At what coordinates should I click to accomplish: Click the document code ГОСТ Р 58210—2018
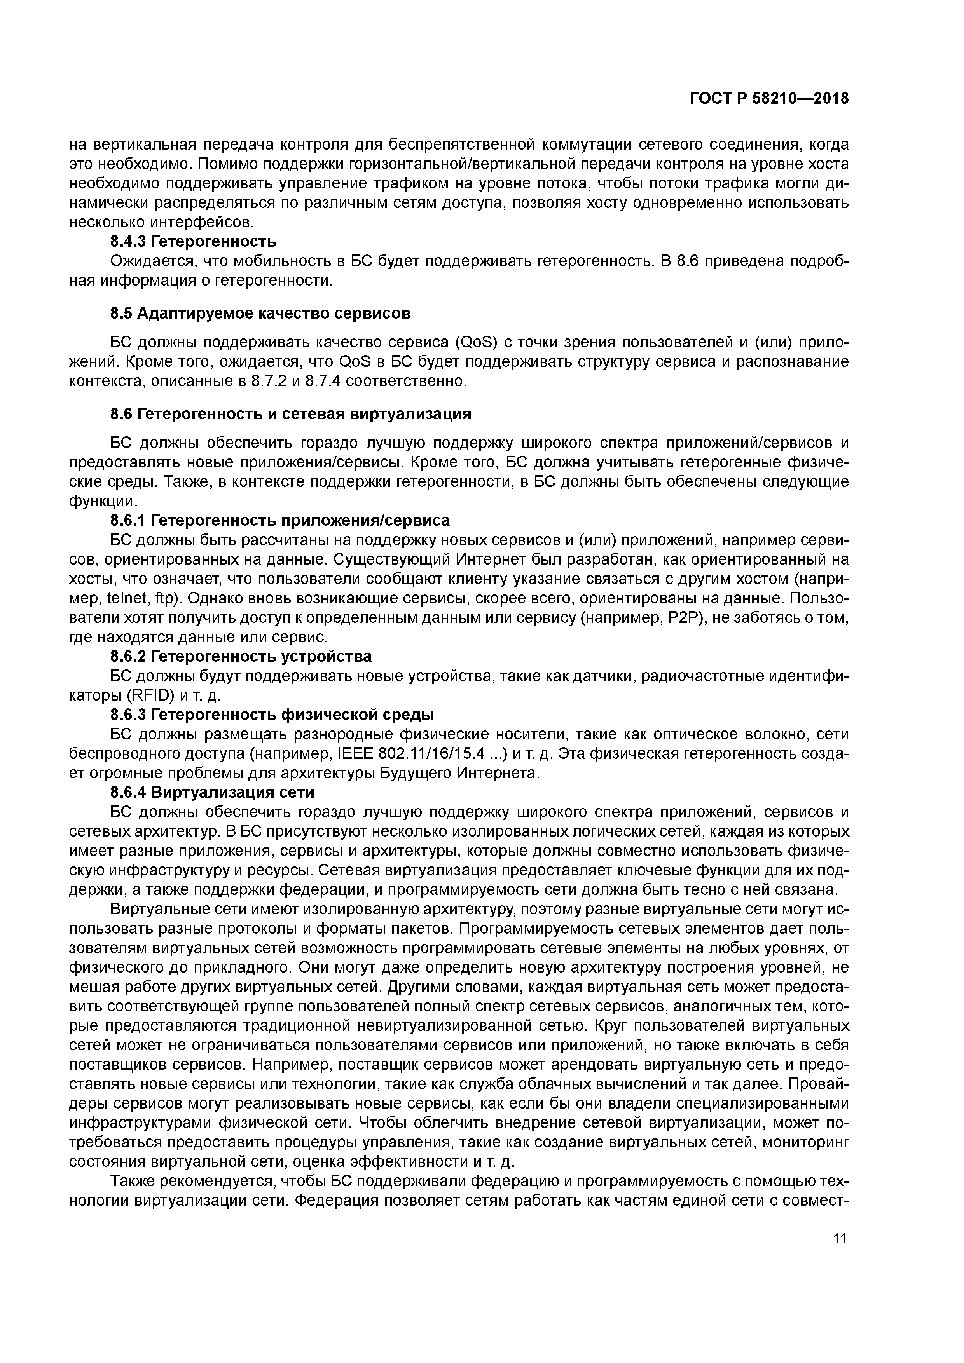click(769, 99)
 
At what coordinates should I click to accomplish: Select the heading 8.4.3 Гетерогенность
click(194, 242)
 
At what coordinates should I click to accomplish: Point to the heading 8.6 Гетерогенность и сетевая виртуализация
click(291, 414)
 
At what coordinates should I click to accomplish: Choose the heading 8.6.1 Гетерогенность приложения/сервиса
click(280, 521)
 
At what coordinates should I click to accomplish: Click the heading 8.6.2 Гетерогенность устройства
click(241, 657)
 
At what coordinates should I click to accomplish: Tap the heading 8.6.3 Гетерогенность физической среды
click(272, 715)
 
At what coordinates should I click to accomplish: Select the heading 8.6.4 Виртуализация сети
click(212, 793)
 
